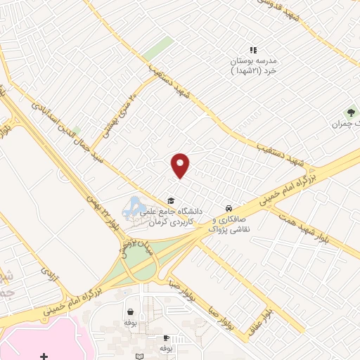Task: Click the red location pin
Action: click(181, 165)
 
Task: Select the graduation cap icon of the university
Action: click(169, 200)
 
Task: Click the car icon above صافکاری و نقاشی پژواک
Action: click(229, 209)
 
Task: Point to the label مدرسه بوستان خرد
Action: click(255, 65)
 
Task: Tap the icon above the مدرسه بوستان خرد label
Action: click(254, 50)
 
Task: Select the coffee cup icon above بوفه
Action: click(166, 337)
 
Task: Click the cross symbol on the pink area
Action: click(44, 356)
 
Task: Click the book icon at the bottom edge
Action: click(139, 356)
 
